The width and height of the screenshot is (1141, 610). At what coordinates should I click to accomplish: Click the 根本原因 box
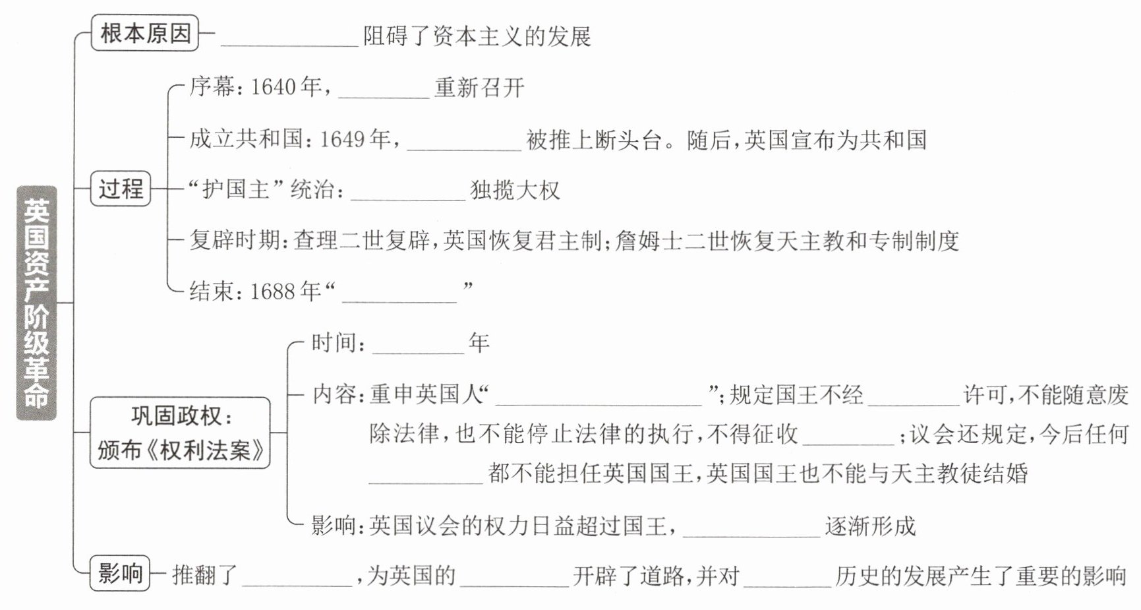145,33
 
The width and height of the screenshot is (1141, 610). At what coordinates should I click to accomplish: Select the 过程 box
121,189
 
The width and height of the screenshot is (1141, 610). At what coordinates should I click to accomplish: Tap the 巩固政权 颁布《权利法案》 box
180,433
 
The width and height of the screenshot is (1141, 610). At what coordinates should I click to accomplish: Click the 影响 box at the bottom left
120,573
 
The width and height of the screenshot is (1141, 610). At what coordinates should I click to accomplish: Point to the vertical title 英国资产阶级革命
36,303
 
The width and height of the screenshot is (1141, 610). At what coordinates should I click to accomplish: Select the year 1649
343,140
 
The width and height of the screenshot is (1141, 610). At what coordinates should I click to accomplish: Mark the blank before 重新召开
384,90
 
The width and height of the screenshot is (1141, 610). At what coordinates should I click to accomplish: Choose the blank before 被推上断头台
464,142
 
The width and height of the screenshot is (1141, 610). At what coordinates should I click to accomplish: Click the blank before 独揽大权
408,192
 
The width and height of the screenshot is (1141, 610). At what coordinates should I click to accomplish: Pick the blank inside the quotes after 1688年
399,293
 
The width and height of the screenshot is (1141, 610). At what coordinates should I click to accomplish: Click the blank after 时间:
419,345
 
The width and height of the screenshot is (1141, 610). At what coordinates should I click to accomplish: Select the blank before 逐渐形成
752,528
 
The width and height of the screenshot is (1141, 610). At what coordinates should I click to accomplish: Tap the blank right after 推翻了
297,578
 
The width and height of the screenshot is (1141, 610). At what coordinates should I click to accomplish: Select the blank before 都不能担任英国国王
426,475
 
